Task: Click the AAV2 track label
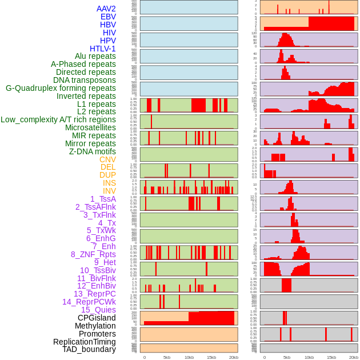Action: pos(106,9)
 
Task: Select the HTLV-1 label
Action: pos(102,49)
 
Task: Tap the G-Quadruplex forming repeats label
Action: pos(61,88)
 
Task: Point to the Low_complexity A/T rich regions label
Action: pos(58,119)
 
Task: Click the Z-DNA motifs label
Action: pos(92,151)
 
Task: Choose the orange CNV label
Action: pos(107,159)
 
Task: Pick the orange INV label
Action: pos(109,191)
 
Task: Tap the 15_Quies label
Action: pos(98,310)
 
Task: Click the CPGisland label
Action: pos(97,318)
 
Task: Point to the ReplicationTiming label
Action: pos(85,342)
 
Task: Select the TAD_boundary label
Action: pos(89,349)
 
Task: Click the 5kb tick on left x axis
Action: pos(167,357)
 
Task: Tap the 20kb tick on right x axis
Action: pos(354,357)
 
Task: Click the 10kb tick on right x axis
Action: pos(309,357)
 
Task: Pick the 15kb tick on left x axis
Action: pos(211,357)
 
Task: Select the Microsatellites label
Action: pos(90,127)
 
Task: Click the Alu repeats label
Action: pos(95,56)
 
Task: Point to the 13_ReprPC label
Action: pos(94,294)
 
